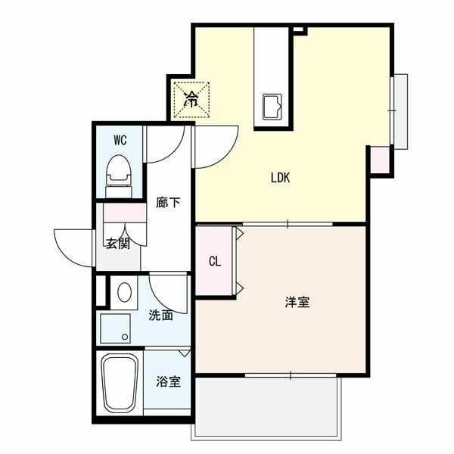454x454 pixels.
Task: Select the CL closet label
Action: (215, 262)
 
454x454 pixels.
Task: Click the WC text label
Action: (120, 140)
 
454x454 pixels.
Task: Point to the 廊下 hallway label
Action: (167, 203)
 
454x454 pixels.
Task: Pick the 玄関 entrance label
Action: (117, 244)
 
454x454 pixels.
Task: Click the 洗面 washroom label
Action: (160, 315)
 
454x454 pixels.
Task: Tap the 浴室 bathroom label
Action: (168, 381)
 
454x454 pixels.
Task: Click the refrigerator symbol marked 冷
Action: (191, 98)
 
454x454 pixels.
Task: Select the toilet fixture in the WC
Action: (119, 170)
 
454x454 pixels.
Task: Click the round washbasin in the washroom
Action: (124, 292)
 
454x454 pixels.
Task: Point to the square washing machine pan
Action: (117, 327)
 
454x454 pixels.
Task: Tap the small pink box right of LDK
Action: (380, 158)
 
